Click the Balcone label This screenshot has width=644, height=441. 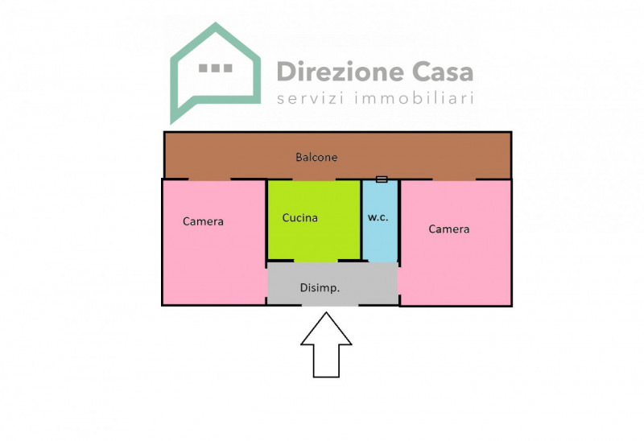tap(316, 157)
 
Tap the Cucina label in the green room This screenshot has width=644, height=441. tap(299, 217)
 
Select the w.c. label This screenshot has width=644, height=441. tap(378, 217)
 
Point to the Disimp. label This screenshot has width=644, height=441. tap(320, 288)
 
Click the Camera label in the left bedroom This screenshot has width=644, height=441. tap(203, 222)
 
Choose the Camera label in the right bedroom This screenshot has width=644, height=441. tap(449, 229)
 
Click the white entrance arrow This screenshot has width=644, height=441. tap(326, 345)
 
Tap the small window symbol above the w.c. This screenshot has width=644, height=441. tap(382, 179)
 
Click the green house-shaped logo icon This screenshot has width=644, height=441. tap(215, 73)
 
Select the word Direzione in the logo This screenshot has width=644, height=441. tap(341, 72)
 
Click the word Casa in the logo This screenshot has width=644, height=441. tap(443, 72)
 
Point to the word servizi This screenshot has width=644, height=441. tap(311, 98)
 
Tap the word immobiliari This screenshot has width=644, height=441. tap(414, 98)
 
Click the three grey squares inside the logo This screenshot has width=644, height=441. tap(215, 68)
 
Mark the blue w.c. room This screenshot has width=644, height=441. tap(380, 221)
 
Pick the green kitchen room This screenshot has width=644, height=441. tap(314, 220)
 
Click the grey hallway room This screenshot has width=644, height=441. tap(332, 284)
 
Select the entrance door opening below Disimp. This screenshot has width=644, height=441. tap(330, 305)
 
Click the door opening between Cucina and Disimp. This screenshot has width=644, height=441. tap(316, 261)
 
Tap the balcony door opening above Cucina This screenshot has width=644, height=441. tap(314, 179)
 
